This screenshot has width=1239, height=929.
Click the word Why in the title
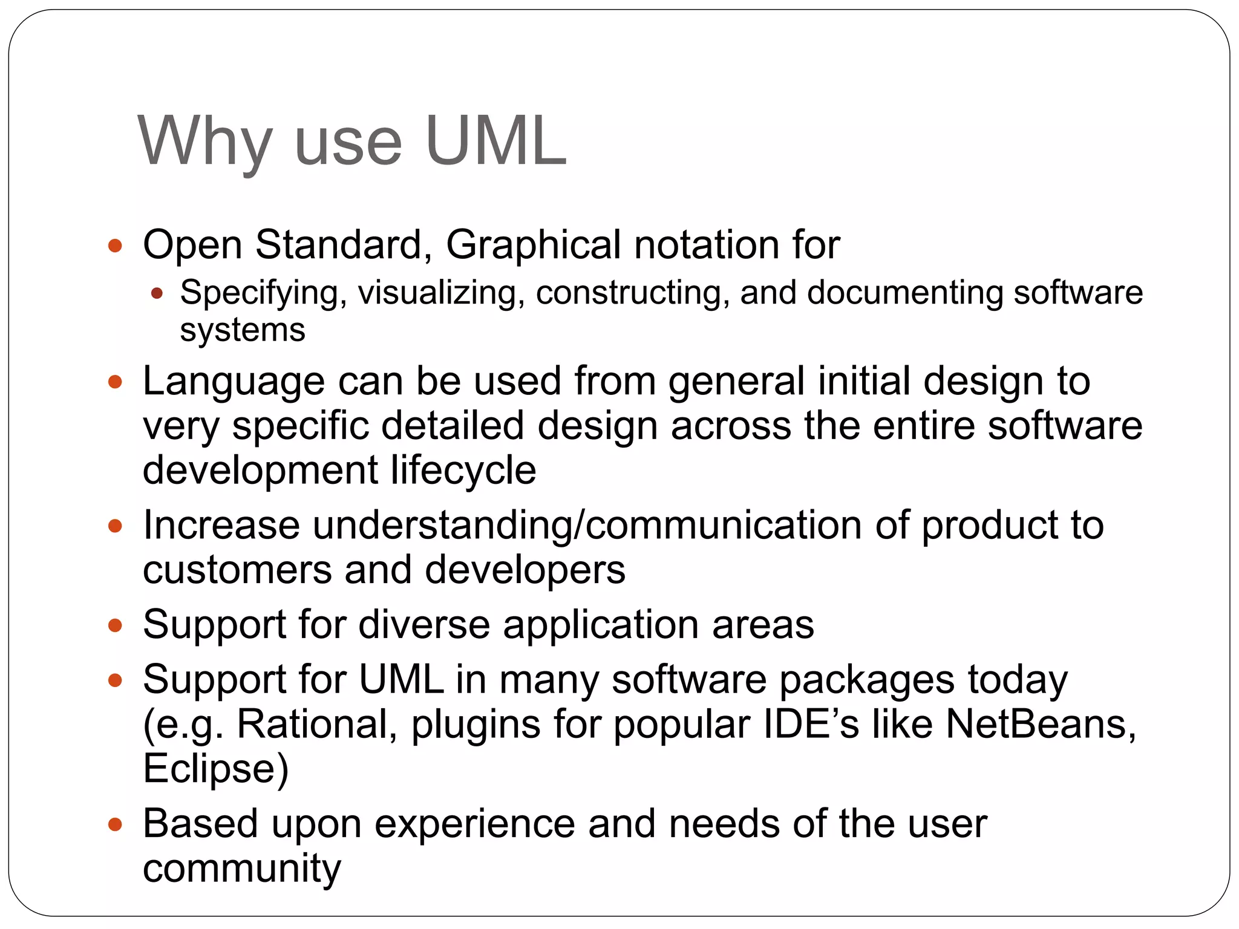204,142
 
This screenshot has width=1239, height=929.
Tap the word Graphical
533,244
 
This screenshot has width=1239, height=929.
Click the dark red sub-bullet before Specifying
157,294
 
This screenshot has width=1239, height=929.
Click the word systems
242,330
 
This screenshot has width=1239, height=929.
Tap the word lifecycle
463,471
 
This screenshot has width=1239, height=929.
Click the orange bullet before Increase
115,525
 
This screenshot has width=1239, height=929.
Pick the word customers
237,570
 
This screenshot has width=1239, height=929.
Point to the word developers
525,570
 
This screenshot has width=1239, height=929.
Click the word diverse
424,624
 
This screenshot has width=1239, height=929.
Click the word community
241,869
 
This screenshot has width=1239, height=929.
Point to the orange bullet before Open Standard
115,246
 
